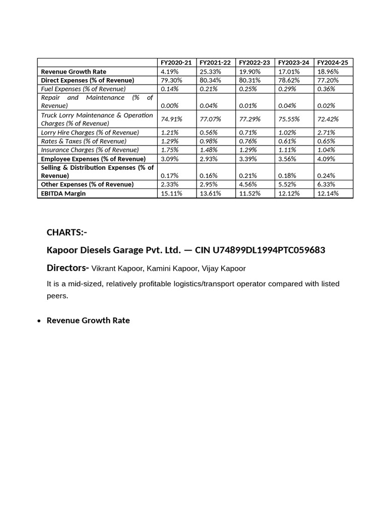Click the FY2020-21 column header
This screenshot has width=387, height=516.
tap(176, 62)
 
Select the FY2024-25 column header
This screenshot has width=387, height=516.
tap(333, 62)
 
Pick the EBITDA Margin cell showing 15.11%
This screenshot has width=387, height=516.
tap(171, 193)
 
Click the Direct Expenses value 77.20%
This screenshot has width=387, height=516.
tap(328, 80)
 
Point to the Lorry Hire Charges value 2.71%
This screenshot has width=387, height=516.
tap(326, 133)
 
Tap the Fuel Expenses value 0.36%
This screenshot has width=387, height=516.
tap(326, 89)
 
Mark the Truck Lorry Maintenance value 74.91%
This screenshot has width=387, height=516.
tap(171, 119)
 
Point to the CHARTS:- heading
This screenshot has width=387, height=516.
tap(67, 232)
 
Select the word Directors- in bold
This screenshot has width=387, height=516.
tap(68, 268)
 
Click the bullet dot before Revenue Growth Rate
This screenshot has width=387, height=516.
tap(39, 321)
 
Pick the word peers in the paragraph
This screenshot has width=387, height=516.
tap(56, 296)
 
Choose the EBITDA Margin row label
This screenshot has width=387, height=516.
tap(63, 193)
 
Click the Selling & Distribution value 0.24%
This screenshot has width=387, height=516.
tap(326, 176)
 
